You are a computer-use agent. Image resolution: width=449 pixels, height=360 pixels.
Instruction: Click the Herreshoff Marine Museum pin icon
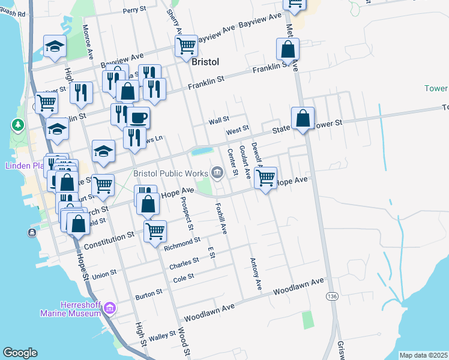[109, 308]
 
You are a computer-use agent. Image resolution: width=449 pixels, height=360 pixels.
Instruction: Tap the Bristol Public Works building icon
[217, 173]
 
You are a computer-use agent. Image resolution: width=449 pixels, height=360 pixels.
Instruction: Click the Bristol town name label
[205, 62]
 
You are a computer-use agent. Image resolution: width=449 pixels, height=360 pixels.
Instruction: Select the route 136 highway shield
[332, 296]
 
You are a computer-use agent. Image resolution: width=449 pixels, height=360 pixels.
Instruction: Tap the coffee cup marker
[138, 117]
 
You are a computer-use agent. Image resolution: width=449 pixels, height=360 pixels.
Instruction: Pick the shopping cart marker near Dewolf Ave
[265, 177]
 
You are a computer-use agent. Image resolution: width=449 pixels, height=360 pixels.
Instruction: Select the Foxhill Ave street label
[221, 217]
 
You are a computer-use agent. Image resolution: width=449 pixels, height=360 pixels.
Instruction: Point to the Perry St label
[134, 10]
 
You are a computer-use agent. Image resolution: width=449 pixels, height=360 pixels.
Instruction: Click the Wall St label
[219, 121]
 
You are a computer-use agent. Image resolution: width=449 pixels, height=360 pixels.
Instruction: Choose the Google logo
[20, 353]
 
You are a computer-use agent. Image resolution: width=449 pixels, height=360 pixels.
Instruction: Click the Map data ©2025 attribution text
[423, 355]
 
